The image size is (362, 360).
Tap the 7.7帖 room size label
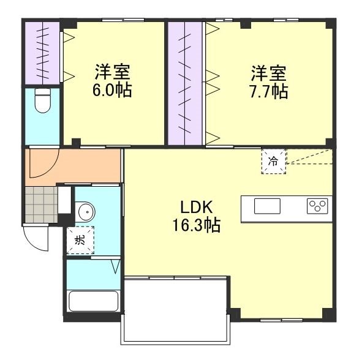click(268, 92)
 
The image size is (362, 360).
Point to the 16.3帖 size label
click(196, 225)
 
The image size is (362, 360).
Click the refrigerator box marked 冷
click(274, 162)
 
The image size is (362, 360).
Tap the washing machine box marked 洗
click(80, 239)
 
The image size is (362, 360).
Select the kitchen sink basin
click(267, 206)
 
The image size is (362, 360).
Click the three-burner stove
click(319, 206)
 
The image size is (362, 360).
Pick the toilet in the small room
click(42, 101)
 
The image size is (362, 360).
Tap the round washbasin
click(86, 212)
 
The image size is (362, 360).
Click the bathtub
click(93, 302)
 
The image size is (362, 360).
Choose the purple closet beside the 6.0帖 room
click(42, 52)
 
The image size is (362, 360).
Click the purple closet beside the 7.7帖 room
click(185, 83)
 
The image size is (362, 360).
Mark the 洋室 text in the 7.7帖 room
click(268, 73)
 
